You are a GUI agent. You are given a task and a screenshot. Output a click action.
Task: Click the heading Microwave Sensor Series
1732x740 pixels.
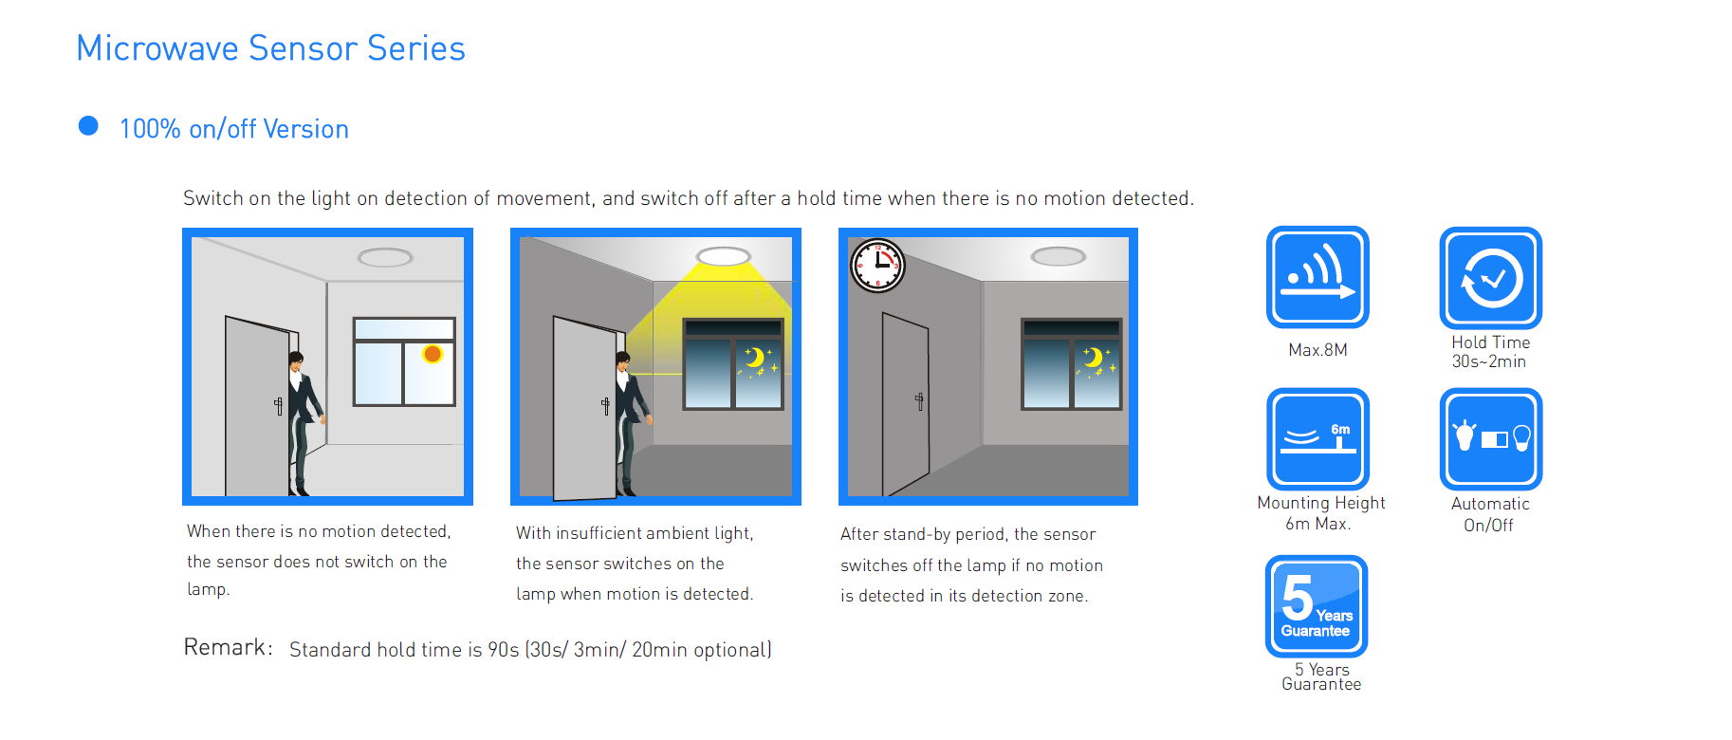[x=270, y=48]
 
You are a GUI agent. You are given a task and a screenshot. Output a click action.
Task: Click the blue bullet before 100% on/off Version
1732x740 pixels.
[x=88, y=126]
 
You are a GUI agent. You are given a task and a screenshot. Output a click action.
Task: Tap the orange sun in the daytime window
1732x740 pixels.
[x=433, y=354]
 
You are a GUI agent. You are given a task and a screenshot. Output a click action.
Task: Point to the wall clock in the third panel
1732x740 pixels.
[x=877, y=266]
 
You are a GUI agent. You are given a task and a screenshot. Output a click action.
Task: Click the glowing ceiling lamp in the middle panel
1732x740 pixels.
[x=724, y=256]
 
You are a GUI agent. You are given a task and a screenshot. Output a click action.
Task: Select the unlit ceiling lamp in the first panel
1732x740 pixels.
[x=385, y=257]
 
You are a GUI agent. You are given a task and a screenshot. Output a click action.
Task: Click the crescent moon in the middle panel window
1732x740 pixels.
[x=754, y=358]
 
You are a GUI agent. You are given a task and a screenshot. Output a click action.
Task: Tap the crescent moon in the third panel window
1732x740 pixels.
[x=1093, y=358]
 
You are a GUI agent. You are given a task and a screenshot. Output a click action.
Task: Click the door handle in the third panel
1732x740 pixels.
[x=919, y=400]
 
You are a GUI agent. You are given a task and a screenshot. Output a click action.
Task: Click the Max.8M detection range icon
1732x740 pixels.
[x=1317, y=277]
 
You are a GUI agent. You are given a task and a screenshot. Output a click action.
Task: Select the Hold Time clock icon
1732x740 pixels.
[x=1491, y=278]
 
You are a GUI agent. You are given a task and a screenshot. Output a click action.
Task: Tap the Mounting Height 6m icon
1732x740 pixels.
[x=1317, y=439]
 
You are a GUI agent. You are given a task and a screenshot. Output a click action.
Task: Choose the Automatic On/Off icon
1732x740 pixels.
[x=1491, y=439]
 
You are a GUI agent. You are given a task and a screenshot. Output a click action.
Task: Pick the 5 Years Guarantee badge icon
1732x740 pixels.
[x=1317, y=606]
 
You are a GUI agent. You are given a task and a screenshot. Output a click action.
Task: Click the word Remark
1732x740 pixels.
[x=228, y=647]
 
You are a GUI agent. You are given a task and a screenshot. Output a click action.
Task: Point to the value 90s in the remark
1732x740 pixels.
[x=504, y=650]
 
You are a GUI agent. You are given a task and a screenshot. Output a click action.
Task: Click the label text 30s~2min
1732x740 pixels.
[x=1489, y=361]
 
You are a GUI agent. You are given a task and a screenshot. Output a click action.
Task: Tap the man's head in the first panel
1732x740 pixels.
[x=296, y=361]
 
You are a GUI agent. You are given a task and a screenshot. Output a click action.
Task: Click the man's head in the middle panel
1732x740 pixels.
[x=623, y=361]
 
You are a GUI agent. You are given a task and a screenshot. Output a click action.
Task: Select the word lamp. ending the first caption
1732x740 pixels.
[x=209, y=589]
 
